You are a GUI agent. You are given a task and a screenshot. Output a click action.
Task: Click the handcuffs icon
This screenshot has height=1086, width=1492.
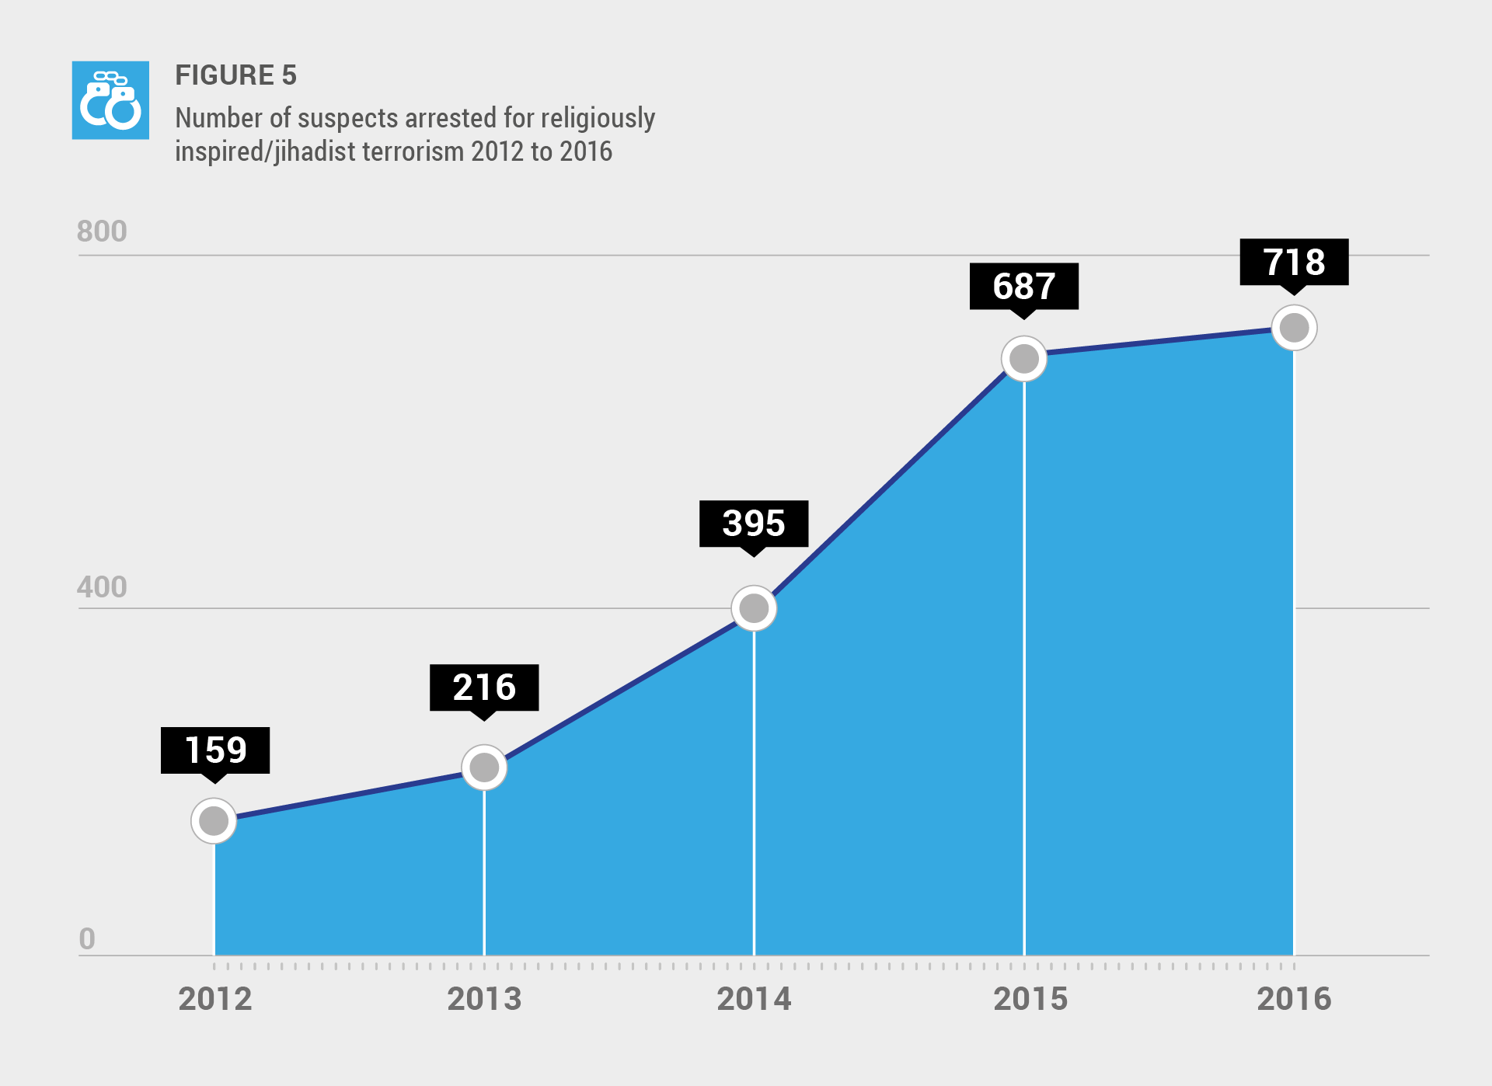(110, 100)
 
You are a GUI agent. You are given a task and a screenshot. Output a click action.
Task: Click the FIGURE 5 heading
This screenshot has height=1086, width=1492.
(235, 75)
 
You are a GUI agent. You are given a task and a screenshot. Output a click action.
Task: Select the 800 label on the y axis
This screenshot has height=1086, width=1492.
(102, 231)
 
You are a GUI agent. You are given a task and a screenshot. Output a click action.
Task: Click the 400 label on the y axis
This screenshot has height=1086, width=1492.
(102, 587)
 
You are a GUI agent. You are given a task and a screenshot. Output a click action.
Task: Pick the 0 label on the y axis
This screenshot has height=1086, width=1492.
(87, 939)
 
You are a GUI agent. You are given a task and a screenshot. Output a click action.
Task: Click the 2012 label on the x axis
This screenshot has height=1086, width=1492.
(215, 999)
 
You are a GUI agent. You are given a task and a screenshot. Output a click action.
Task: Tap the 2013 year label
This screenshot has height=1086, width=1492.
(484, 999)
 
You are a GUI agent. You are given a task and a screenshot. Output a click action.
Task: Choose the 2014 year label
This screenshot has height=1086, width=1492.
(754, 999)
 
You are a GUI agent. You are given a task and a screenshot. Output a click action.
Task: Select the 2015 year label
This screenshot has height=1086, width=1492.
(1030, 999)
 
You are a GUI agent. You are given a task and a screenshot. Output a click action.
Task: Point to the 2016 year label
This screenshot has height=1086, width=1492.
(1294, 999)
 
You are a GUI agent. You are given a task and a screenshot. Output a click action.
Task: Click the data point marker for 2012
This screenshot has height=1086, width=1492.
(214, 820)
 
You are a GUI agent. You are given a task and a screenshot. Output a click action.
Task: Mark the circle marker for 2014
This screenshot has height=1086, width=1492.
(754, 608)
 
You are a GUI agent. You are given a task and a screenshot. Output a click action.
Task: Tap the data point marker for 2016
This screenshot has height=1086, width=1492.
(1294, 328)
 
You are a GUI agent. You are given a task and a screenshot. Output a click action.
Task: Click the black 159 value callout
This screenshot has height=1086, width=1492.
(215, 750)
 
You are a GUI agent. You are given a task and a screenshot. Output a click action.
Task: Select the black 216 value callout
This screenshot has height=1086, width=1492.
(484, 687)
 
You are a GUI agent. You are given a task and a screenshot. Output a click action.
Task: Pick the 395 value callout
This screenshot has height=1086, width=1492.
(754, 524)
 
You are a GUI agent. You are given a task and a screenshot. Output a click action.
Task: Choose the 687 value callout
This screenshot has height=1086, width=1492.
(1024, 286)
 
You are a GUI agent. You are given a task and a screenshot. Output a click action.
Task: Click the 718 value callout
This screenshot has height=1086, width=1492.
(1294, 262)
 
